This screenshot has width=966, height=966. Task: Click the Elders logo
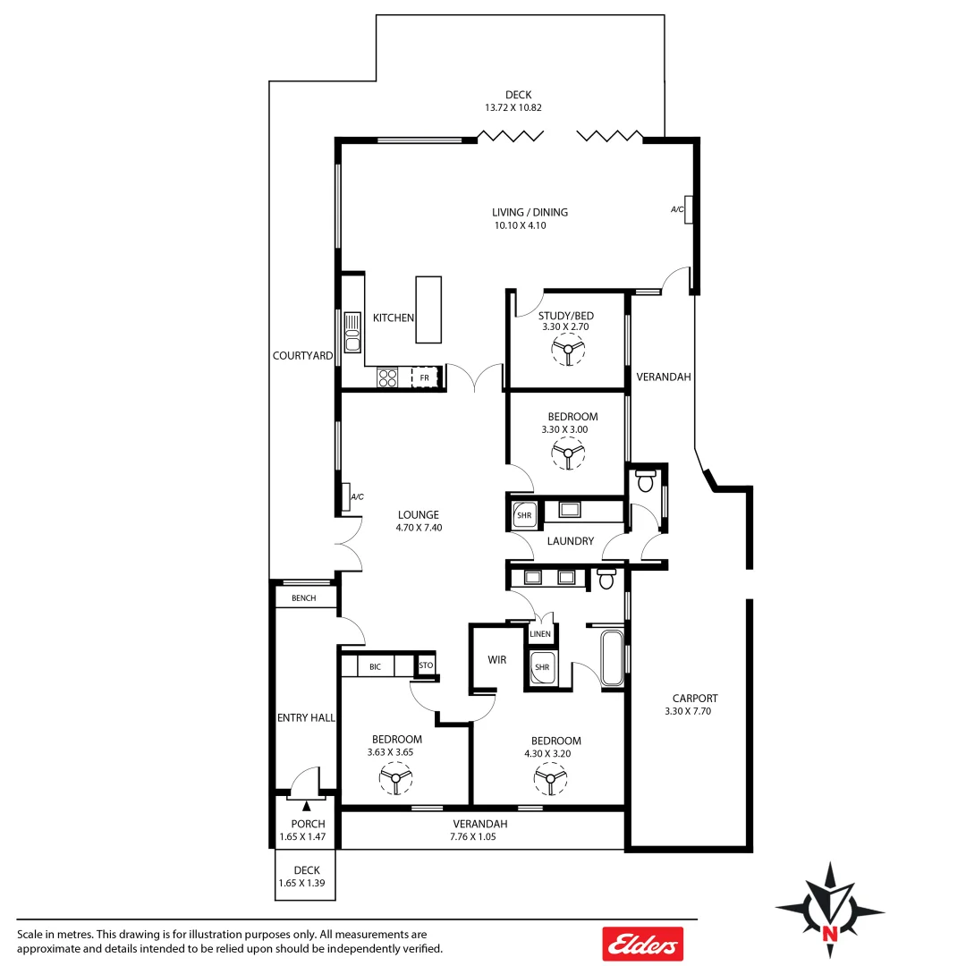(x=641, y=944)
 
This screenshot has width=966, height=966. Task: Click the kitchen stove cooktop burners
(x=387, y=377)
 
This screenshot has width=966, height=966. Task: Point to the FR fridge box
(x=426, y=377)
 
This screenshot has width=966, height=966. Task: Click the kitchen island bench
(x=428, y=309)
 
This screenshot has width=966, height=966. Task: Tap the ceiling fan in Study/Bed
(x=567, y=352)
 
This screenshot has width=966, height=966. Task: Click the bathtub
(x=612, y=658)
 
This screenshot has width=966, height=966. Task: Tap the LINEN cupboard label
(x=540, y=634)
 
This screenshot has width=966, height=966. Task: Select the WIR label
(x=497, y=660)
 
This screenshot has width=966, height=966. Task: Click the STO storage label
(x=426, y=665)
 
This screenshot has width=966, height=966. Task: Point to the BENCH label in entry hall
(x=303, y=597)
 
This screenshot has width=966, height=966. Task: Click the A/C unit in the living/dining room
(x=687, y=208)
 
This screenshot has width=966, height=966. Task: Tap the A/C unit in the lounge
(x=345, y=496)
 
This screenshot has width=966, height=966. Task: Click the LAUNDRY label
(x=570, y=541)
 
